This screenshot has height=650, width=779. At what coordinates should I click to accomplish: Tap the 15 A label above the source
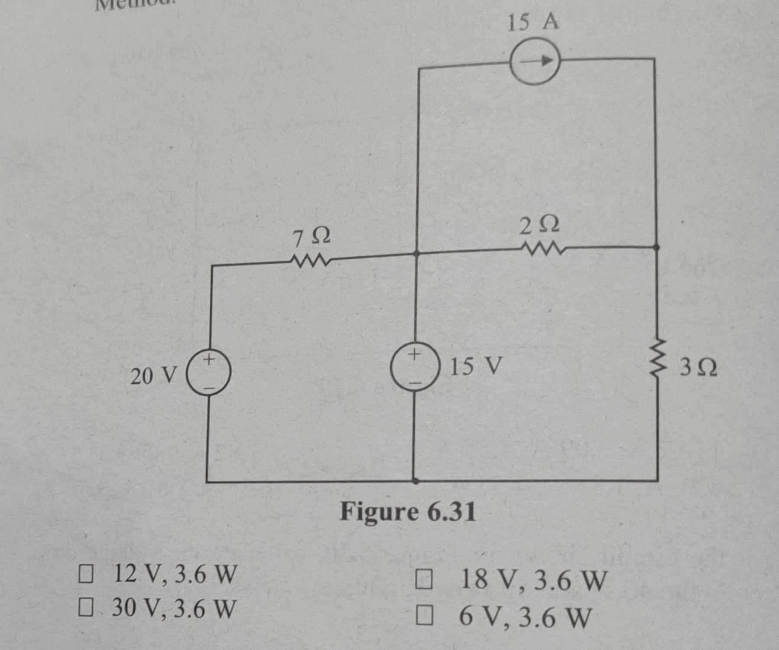533,22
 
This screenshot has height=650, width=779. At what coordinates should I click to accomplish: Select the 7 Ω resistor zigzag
310,261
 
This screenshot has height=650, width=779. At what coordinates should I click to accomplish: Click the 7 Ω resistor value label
312,237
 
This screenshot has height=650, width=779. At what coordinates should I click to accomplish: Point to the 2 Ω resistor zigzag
542,249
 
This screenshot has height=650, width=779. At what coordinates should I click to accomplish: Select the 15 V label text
476,367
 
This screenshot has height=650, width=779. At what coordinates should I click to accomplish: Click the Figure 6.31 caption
408,513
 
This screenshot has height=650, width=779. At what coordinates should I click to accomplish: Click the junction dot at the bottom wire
415,481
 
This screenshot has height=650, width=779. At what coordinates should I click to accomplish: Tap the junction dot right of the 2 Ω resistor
656,248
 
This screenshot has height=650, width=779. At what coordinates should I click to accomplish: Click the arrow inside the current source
537,62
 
